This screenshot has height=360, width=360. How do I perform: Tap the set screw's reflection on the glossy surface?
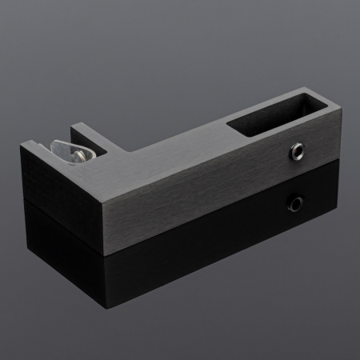coord(297,203)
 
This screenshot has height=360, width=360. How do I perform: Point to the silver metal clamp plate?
coord(70,150)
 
